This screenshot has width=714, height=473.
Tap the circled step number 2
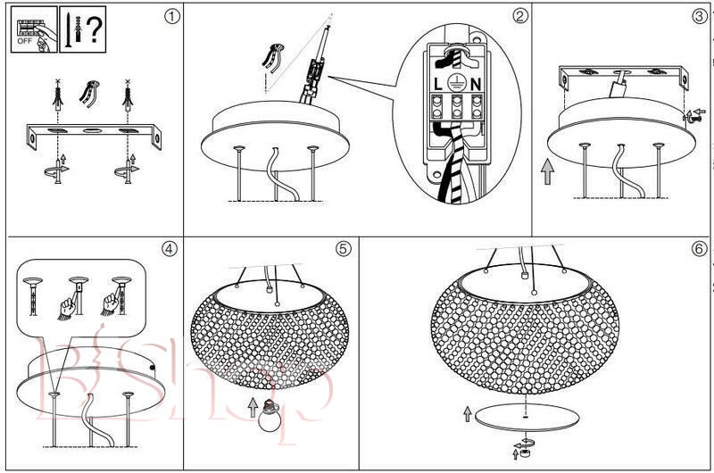pyautogui.click(x=520, y=16)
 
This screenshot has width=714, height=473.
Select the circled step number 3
pyautogui.click(x=699, y=16)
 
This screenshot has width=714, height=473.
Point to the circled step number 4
pyautogui.click(x=169, y=249)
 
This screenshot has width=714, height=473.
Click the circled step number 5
pyautogui.click(x=344, y=249)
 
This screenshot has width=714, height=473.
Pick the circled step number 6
pyautogui.click(x=699, y=249)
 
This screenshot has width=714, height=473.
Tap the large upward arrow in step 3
pyautogui.click(x=547, y=170)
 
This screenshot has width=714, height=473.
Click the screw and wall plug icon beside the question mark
pyautogui.click(x=71, y=27)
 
